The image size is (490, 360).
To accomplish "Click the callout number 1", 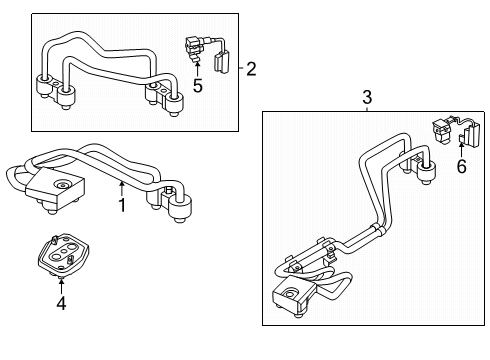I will coord(122,205).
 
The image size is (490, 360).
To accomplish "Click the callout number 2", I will coord(251,69).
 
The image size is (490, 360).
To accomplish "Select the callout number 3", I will coord(366,96).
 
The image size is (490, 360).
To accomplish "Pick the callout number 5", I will coord(197,87).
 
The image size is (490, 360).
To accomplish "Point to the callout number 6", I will coord(461,167).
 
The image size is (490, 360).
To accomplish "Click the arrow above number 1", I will coord(122,188).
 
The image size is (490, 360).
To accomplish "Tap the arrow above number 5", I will coord(197,70).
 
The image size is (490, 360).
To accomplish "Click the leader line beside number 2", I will coord(241,69).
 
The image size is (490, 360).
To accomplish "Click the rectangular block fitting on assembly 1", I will coord(55,187).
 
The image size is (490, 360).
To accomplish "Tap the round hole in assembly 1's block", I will coord(62,183).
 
